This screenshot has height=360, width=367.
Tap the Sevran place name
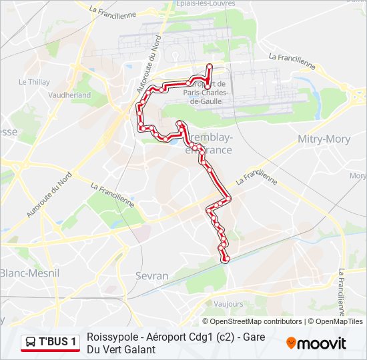coord(151,275)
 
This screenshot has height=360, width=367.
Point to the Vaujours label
coord(229,303)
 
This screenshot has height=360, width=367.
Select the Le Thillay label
coord(34,82)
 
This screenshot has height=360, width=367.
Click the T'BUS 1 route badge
coord(50,343)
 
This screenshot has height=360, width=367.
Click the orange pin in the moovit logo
coord(292,343)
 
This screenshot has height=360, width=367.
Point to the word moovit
coord(322,344)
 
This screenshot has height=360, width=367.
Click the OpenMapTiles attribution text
coord(339,321)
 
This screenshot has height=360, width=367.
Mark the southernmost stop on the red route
coord(226,259)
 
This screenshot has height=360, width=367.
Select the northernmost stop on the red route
coord(209,66)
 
